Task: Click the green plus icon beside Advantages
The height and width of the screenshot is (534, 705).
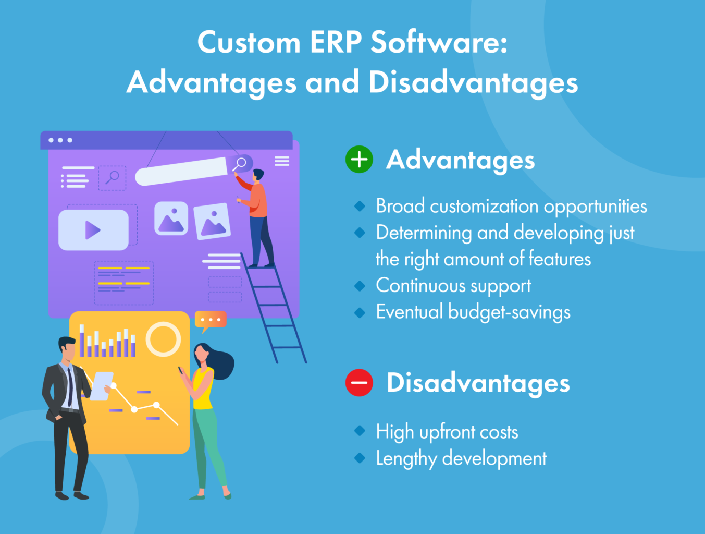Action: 359,160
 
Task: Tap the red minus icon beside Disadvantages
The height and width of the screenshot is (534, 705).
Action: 359,383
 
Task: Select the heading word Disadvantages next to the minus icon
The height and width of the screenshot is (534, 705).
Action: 478,383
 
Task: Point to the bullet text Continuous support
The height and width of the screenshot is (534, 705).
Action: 453,286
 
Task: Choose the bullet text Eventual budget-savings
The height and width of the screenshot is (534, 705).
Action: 473,312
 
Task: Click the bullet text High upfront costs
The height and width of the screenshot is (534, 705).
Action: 447,432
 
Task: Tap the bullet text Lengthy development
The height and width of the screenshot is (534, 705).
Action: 461,458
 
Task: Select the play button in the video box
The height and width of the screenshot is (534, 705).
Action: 93,230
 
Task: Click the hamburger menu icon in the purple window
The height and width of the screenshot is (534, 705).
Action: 282,161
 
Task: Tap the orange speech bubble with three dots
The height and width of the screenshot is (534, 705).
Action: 210,320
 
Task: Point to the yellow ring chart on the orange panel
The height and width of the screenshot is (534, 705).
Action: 163,339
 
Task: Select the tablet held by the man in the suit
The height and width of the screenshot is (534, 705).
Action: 101,386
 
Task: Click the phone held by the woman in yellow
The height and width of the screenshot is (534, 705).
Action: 181,370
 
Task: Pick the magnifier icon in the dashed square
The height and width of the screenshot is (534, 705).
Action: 112,178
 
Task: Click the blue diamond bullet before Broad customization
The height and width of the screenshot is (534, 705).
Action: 360,206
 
